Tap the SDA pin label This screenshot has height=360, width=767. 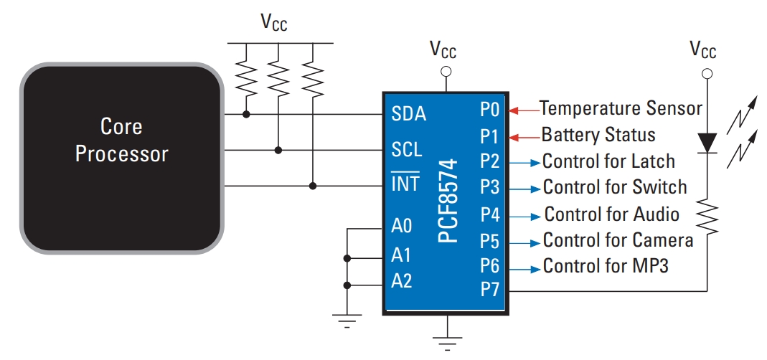pos(409,114)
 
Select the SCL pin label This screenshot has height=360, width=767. pos(407,150)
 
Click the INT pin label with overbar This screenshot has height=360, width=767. pos(405,184)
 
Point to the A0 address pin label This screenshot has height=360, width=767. pos(402,227)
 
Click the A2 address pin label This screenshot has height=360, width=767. pos(402,281)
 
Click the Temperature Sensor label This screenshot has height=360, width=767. pos(621,108)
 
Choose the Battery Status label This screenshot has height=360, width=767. pos(598,135)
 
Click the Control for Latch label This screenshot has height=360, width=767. pos(608,161)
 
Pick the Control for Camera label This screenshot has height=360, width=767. pos(618,240)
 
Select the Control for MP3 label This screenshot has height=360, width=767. pos(606,266)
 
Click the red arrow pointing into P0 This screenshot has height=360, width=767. pos(524,110)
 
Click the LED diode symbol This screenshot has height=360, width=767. pos(707,142)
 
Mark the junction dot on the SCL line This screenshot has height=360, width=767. pos(278,151)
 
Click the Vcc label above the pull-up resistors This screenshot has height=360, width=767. pos(274,23)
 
